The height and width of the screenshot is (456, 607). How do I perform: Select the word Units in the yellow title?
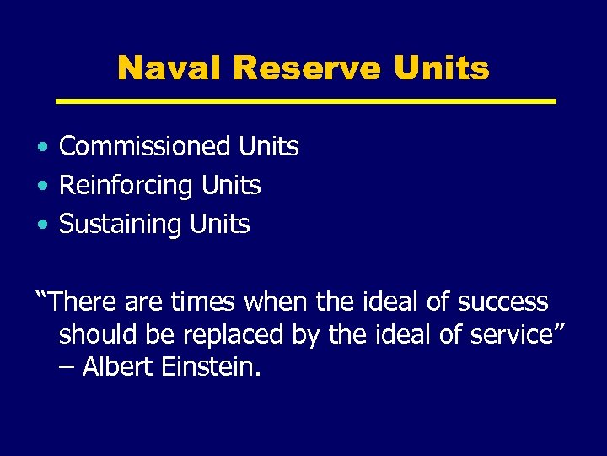(x=441, y=68)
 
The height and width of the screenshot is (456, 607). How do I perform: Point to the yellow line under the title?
(x=305, y=101)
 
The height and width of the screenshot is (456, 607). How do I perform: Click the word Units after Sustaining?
(x=220, y=225)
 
